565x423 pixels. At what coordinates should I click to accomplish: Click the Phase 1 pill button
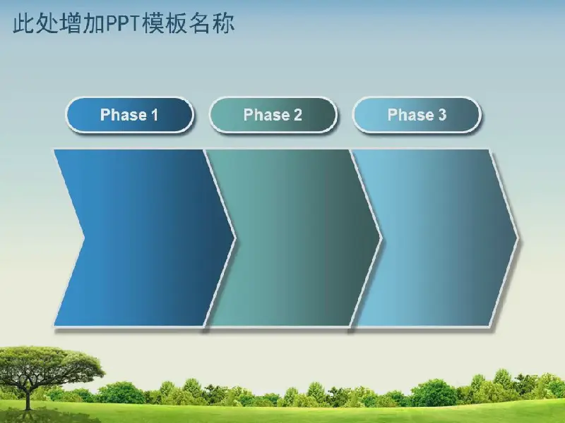130,115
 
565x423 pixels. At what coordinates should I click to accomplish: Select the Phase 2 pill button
273,115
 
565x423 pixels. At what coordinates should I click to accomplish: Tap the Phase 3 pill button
417,115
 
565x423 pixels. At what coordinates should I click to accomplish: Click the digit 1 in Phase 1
155,115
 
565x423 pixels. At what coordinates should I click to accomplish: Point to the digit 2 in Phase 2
297,115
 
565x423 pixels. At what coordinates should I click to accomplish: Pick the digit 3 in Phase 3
442,115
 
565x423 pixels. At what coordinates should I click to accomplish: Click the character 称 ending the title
223,24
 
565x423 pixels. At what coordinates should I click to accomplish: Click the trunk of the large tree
28,396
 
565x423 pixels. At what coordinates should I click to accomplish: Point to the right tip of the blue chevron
235,238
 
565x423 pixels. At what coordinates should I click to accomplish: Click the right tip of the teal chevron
381,238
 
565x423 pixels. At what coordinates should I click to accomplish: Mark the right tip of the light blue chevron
518,238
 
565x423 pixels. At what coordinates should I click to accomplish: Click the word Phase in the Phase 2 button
267,115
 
